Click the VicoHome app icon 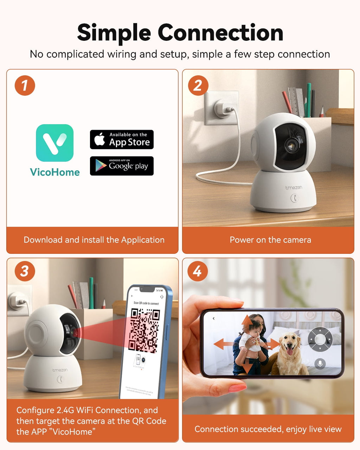tap(55, 143)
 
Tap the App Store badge tap(122, 140)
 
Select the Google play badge tap(122, 166)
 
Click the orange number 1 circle tap(25, 85)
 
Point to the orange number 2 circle tap(198, 85)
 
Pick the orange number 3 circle tap(25, 271)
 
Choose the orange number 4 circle tap(197, 271)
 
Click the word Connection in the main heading tap(220, 33)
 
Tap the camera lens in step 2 tap(291, 144)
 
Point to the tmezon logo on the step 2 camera tap(294, 188)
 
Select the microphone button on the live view tap(320, 364)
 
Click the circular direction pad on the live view tap(320, 339)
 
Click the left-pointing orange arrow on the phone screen tap(223, 343)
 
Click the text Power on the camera tap(270, 240)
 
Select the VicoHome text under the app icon tap(55, 172)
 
